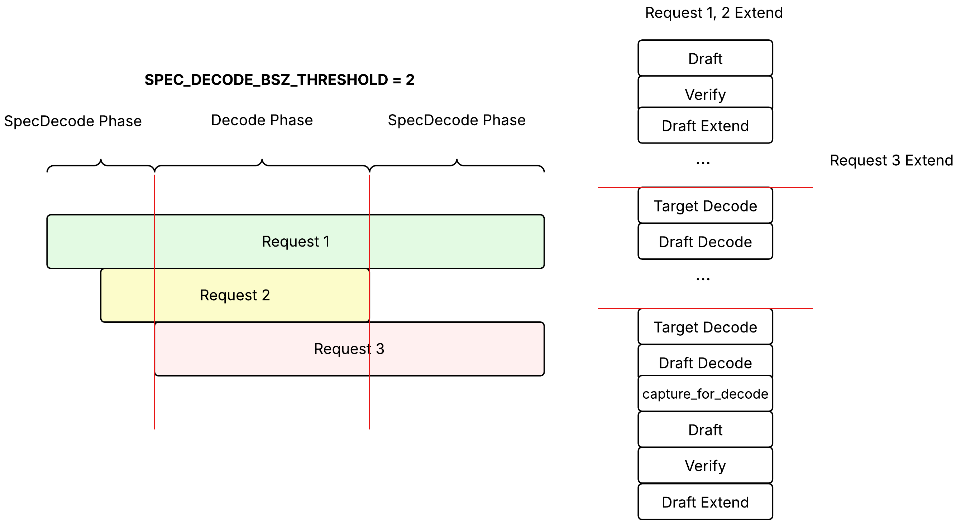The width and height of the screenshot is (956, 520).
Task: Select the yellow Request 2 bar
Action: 235,295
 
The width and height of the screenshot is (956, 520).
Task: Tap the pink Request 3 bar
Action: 349,349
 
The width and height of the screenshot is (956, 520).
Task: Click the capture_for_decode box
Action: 705,394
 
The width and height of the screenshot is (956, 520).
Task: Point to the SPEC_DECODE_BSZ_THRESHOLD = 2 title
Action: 279,80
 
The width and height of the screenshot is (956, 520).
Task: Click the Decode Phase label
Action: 262,120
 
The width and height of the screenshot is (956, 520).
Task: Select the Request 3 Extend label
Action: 892,160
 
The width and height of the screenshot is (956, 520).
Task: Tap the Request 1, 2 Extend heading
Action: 714,13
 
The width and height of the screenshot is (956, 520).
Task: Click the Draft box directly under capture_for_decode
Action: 705,429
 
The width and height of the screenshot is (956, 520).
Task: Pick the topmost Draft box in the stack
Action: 705,58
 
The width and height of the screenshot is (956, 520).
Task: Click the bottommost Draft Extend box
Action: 705,502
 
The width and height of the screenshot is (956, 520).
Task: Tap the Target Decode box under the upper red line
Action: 705,206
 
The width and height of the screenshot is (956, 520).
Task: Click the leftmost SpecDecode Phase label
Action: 73,121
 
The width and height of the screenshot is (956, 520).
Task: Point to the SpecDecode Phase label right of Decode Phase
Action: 457,120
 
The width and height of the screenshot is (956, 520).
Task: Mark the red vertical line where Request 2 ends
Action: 369,302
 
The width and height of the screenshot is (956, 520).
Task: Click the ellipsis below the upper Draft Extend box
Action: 703,163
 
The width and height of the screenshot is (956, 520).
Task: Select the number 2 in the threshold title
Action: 410,80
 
